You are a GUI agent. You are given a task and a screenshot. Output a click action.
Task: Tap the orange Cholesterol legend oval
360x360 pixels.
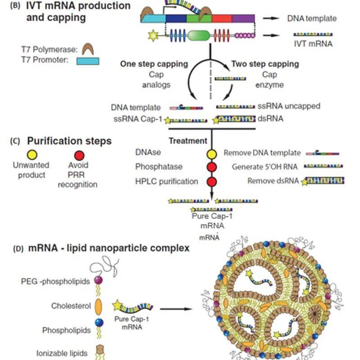point(98,306)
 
